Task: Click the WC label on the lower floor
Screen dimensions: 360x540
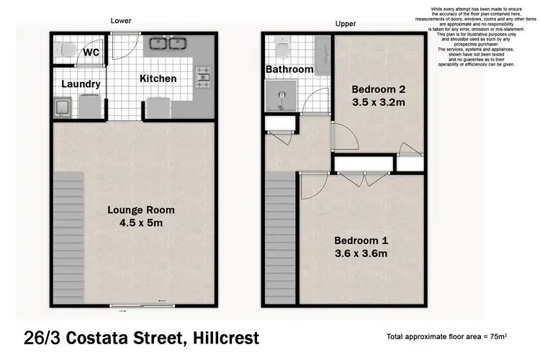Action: click(91, 53)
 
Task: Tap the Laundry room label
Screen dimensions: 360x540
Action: click(80, 84)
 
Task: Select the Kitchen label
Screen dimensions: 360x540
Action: click(158, 78)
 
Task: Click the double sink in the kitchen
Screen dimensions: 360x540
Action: click(166, 45)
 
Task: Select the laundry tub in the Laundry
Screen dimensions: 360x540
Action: click(63, 108)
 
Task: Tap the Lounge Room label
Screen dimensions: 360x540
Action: click(141, 210)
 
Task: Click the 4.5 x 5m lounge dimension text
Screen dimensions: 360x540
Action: click(142, 223)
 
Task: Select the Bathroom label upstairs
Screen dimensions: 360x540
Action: click(289, 70)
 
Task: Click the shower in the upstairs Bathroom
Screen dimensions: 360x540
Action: click(278, 96)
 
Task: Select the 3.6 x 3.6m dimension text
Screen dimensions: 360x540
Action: click(363, 253)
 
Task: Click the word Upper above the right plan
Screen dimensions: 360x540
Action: click(346, 24)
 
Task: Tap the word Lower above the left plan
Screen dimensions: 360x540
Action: click(120, 21)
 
